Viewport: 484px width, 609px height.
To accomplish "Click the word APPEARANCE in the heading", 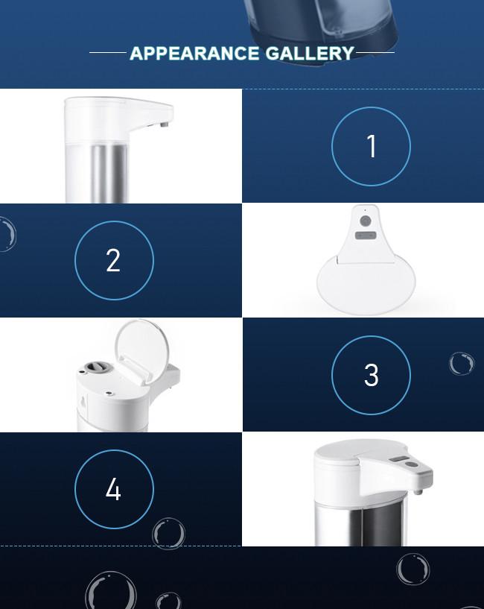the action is click(194, 53).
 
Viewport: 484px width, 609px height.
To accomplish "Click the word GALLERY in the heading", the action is click(310, 53).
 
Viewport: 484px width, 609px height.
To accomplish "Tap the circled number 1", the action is click(371, 146).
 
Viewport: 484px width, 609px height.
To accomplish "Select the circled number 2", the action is click(114, 260).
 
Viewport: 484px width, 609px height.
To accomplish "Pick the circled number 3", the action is click(371, 375).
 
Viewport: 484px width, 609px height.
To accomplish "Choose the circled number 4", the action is click(114, 489).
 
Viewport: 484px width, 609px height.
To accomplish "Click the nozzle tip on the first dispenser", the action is click(165, 124).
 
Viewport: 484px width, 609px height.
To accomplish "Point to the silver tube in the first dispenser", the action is click(109, 173).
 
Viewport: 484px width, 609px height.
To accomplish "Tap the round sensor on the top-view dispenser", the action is click(365, 221).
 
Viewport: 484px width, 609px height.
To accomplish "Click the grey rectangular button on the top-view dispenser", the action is click(365, 236).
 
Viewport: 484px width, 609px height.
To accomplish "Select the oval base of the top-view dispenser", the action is click(366, 285).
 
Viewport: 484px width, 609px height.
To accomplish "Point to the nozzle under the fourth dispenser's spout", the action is click(418, 492).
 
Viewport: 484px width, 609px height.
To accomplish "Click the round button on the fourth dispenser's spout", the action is click(412, 464).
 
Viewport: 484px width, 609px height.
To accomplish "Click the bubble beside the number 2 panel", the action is click(7, 234).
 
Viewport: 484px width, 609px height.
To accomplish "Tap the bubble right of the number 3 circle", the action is click(462, 364).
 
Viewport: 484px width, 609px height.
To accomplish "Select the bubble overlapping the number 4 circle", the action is click(168, 534).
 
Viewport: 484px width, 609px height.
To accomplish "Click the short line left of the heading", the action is click(108, 52).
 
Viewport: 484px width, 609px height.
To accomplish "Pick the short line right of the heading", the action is click(375, 52).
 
